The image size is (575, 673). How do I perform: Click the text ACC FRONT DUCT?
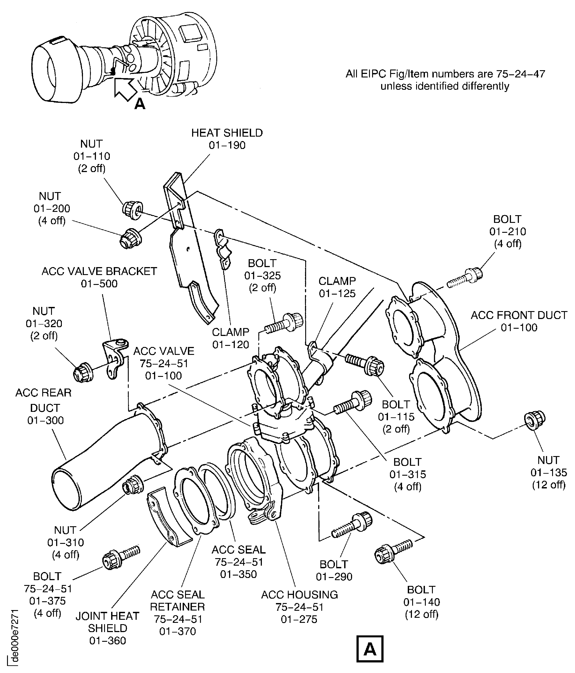click(519, 315)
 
